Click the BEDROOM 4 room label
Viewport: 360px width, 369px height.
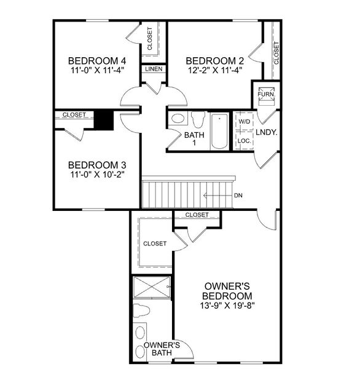click(97, 61)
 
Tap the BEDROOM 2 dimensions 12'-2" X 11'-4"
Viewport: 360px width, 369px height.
click(214, 70)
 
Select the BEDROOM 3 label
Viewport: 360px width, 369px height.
click(97, 165)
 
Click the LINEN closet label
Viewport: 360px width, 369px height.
click(154, 69)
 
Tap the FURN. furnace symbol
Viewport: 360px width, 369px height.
click(266, 94)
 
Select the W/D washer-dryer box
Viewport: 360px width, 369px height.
click(244, 122)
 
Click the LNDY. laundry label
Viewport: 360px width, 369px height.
click(267, 132)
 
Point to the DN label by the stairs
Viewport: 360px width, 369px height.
click(238, 196)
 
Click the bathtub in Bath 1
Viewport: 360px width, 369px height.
click(219, 131)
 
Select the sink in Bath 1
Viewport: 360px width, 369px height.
click(178, 119)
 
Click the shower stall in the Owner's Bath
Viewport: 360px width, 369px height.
click(152, 287)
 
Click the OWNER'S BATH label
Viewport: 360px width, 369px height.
click(162, 349)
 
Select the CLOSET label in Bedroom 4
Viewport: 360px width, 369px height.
click(151, 38)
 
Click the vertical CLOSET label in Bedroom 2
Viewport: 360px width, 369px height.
click(276, 53)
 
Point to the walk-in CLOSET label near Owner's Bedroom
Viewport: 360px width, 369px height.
click(155, 244)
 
